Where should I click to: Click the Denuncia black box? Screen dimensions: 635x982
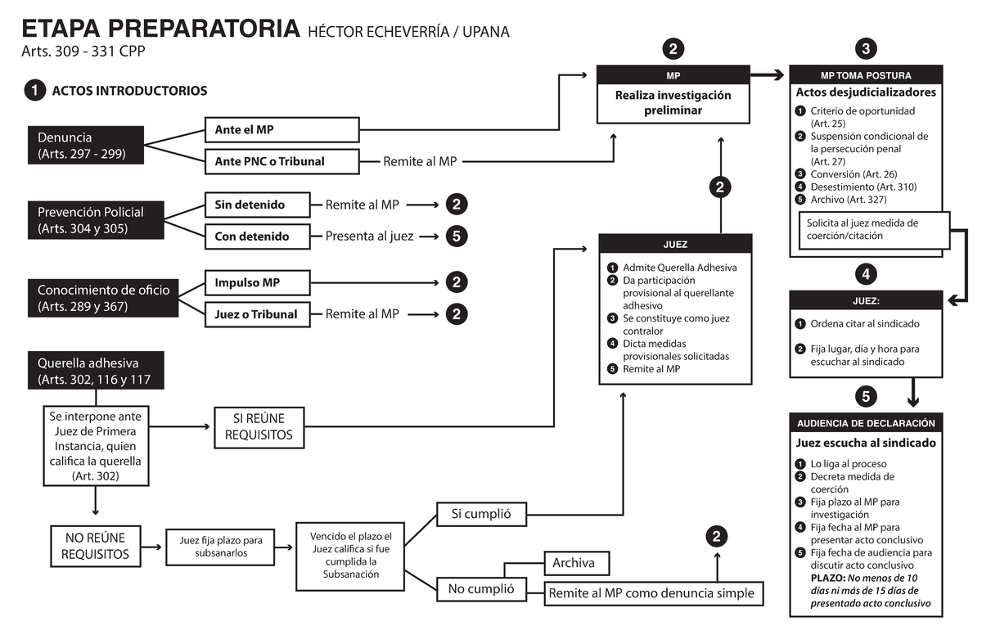[86, 144]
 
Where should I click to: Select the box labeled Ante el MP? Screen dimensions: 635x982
[281, 129]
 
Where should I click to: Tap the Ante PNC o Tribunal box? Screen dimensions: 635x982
[281, 161]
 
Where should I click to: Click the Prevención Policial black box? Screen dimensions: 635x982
[86, 220]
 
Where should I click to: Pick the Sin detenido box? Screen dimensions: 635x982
[256, 205]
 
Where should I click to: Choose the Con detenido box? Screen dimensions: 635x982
[256, 236]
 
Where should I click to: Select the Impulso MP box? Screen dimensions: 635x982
[256, 282]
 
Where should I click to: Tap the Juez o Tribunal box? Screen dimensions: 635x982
[256, 313]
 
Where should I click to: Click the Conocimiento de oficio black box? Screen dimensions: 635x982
[103, 298]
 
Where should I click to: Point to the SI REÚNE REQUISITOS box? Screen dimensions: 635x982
[259, 427]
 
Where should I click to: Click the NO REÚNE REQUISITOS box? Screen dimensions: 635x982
[95, 546]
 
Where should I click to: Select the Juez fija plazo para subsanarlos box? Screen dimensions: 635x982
[220, 546]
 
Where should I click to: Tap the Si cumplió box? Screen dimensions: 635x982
[481, 514]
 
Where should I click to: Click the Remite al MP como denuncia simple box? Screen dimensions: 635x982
[651, 593]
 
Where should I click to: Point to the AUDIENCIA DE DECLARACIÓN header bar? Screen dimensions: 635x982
[865, 423]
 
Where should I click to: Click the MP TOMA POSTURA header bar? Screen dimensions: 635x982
[865, 75]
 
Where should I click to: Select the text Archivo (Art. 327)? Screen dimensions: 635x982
[848, 199]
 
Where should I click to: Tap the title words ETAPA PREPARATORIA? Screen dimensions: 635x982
[160, 29]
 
